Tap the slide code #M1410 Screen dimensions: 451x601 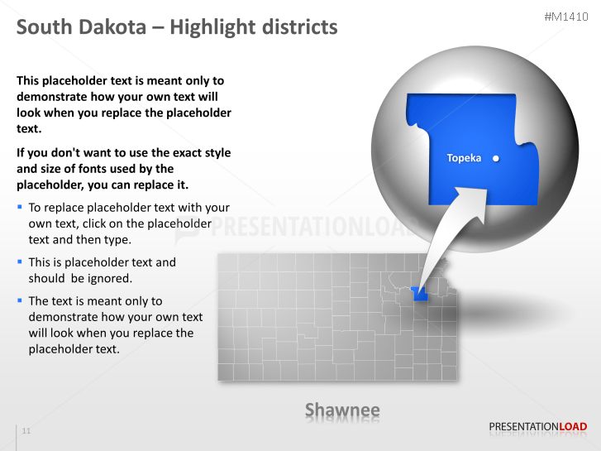pos(566,16)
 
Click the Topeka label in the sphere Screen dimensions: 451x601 pos(464,158)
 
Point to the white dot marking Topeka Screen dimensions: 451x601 pos(495,158)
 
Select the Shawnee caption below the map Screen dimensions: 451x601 pos(342,410)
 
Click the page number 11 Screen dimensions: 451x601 pos(26,431)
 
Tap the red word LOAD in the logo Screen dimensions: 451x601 pos(573,427)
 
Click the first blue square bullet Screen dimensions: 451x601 pos(20,207)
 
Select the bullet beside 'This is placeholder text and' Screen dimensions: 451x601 pos(20,261)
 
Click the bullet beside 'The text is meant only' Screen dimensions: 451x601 pos(20,300)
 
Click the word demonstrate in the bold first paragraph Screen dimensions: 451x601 pos(50,97)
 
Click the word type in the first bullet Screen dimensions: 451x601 pos(117,239)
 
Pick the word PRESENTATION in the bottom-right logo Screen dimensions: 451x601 pos(523,427)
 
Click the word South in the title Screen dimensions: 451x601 pos(43,27)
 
